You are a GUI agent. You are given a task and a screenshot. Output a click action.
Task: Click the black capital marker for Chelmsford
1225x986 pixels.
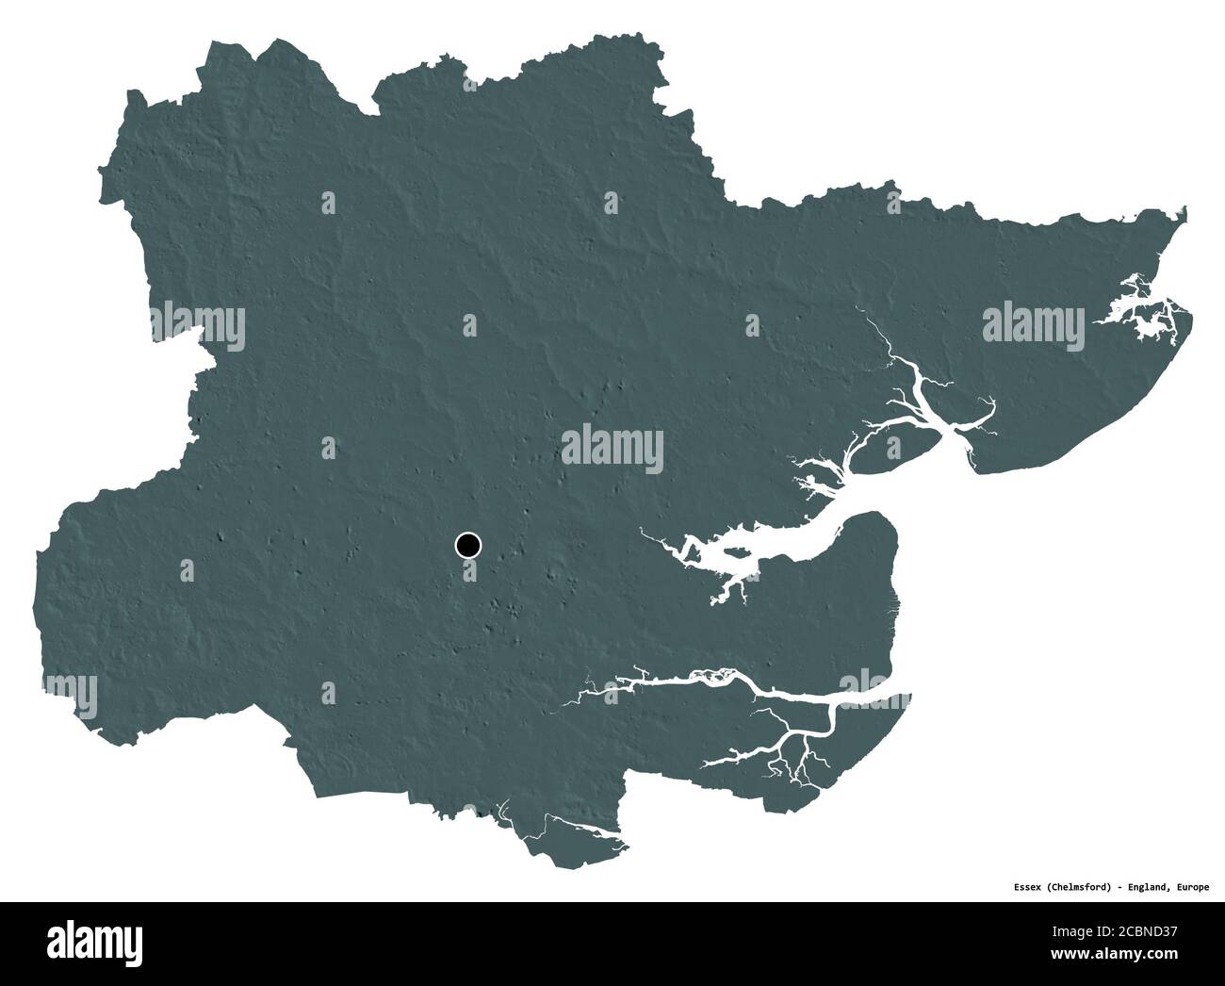pos(467,545)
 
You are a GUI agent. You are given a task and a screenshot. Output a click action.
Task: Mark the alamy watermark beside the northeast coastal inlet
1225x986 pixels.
pos(1033,324)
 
